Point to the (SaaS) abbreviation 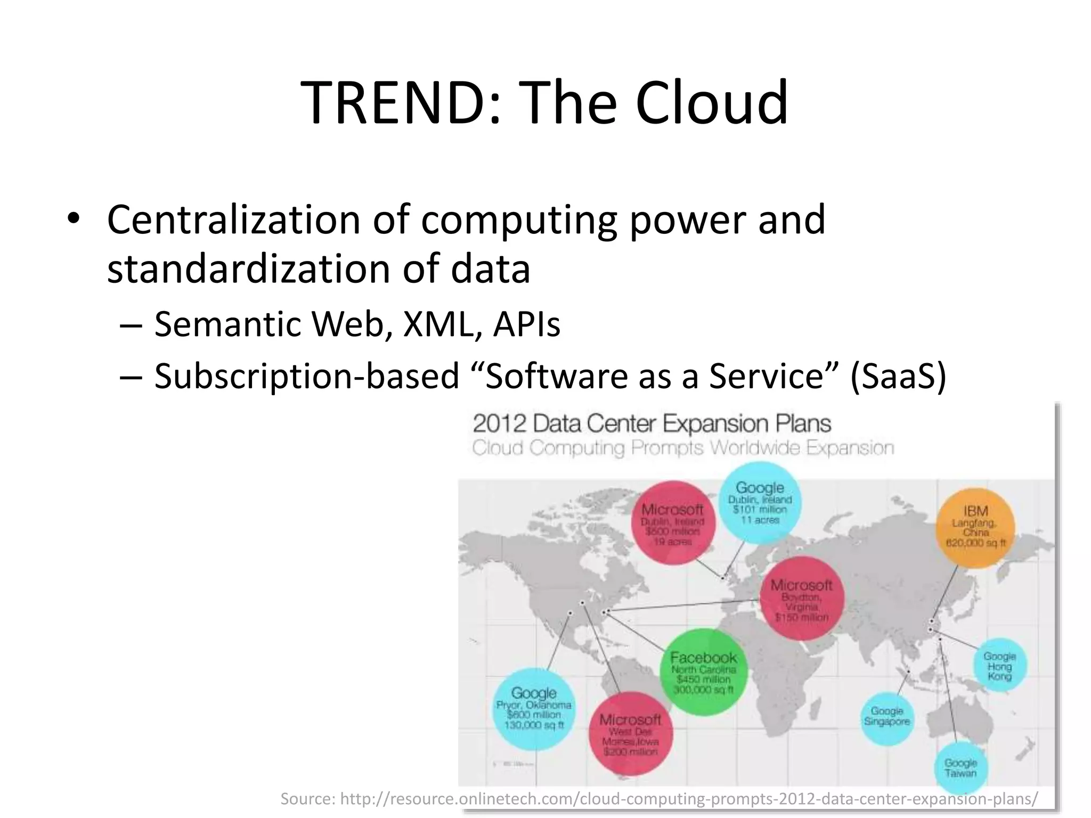tap(898, 376)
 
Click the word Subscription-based tap(306, 376)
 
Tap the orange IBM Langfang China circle tap(975, 527)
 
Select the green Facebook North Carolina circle tap(704, 673)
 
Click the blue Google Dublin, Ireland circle tap(760, 502)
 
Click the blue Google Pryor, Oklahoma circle tap(534, 708)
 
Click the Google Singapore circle tap(887, 716)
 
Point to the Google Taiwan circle tap(960, 768)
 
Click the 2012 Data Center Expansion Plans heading tap(652, 424)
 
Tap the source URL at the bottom tap(659, 799)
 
